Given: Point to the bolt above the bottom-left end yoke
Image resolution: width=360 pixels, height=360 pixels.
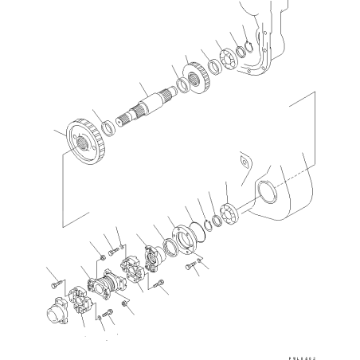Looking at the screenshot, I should point(53,281).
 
